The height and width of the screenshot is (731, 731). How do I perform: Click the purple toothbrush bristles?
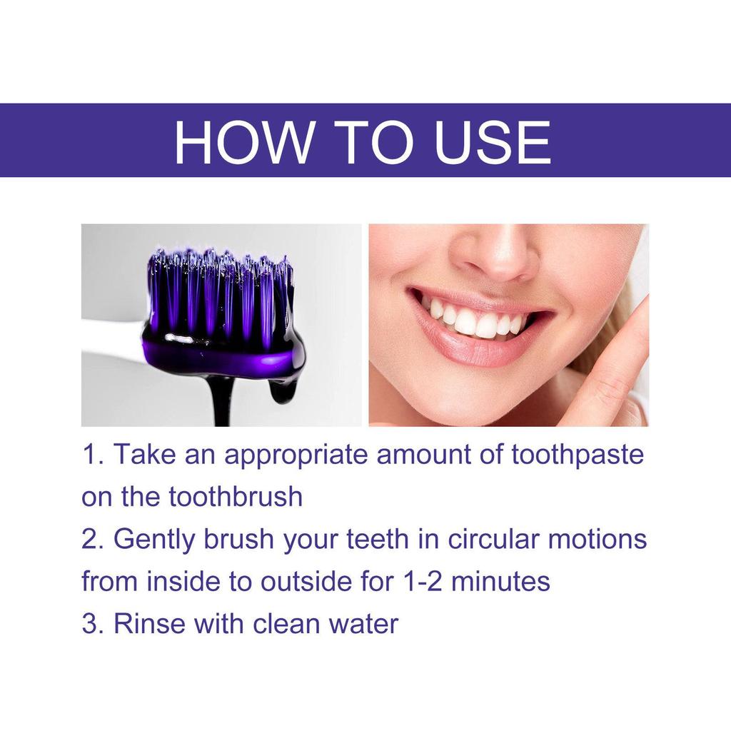[218, 293]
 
